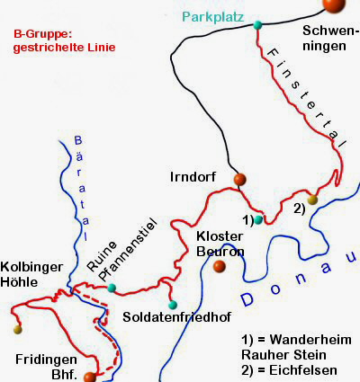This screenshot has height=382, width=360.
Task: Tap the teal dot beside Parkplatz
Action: tap(258, 24)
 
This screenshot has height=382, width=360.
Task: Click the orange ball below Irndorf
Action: tap(239, 180)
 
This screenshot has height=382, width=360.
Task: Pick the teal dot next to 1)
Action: tap(258, 219)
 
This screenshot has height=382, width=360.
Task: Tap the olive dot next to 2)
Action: tap(312, 200)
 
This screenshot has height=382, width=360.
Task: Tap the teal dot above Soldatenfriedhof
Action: tap(173, 304)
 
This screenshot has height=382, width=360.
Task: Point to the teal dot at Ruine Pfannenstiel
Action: tap(112, 289)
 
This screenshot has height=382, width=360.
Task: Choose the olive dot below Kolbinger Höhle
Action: tap(17, 330)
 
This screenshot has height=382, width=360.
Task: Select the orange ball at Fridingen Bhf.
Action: tap(88, 378)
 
